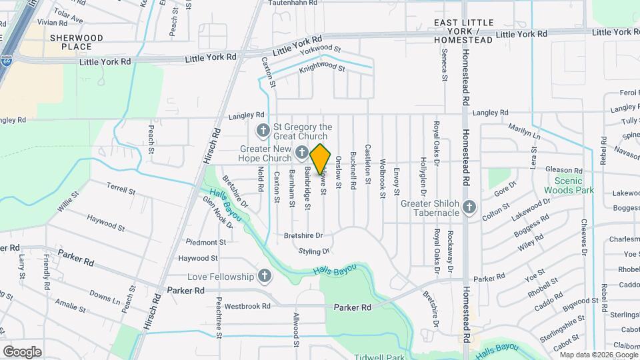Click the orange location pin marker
[321, 159]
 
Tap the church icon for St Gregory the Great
[263, 130]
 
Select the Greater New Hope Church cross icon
[301, 154]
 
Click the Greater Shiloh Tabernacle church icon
[469, 207]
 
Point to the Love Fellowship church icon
[265, 276]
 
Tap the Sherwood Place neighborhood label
[76, 43]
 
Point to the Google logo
[22, 351]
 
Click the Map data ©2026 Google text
[593, 355]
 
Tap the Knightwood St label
[322, 67]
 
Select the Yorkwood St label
[320, 49]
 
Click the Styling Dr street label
[314, 251]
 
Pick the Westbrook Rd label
[247, 307]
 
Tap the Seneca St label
[444, 67]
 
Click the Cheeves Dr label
[584, 237]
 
